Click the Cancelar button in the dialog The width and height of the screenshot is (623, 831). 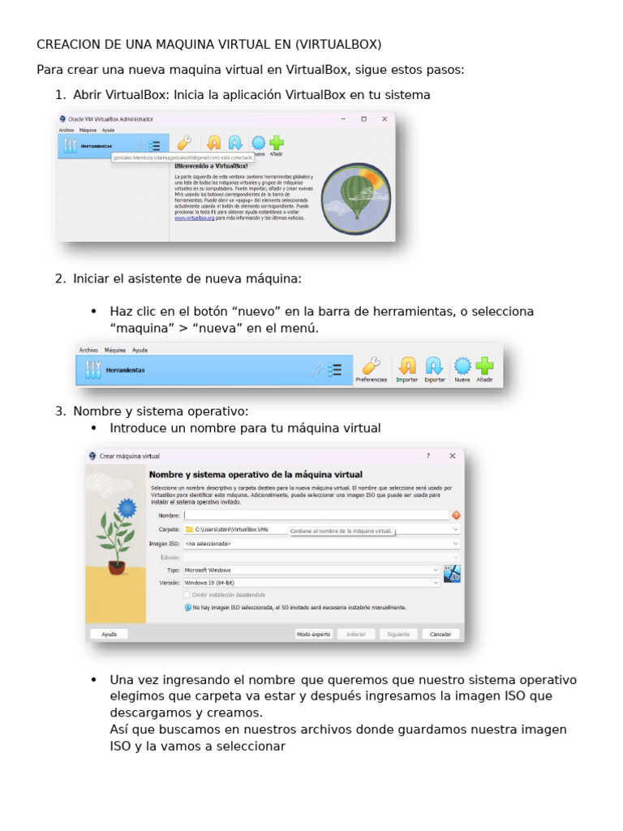pos(440,634)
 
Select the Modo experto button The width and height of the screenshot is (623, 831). pos(314,634)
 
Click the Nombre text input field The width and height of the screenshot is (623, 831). pos(316,515)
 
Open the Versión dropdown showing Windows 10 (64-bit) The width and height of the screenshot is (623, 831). pos(312,583)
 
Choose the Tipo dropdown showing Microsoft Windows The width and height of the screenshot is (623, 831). pos(312,571)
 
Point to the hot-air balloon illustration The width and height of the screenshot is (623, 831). pos(357,199)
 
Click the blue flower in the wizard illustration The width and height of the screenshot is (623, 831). pos(127,508)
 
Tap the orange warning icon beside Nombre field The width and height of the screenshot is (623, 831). pos(456,515)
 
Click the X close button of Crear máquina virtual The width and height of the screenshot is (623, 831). pos(453,456)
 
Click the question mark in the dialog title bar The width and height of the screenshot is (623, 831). pos(428,456)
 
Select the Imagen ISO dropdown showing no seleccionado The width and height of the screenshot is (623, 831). pos(321,544)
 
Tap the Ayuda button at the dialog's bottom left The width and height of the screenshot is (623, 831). pos(110,634)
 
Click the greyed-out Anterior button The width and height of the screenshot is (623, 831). pos(356,634)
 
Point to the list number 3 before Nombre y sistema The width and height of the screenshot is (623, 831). pos(60,411)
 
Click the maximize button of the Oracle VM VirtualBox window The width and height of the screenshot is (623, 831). pos(363,118)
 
